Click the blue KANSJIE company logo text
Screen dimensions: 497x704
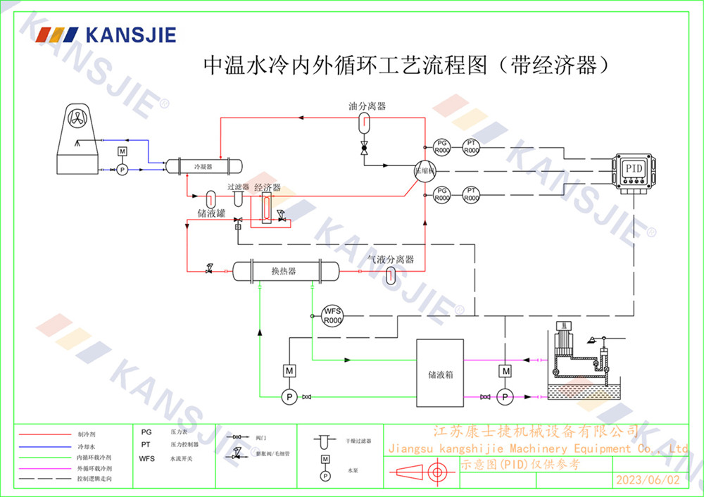click(x=130, y=34)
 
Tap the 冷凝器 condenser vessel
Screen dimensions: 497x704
click(x=203, y=166)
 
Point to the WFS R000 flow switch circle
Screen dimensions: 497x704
click(x=332, y=315)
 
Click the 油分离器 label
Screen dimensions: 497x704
click(x=367, y=106)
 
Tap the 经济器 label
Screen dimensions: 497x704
click(x=268, y=188)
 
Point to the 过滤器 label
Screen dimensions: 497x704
click(x=238, y=187)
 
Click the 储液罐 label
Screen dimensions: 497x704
click(x=210, y=212)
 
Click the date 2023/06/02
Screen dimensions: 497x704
click(x=648, y=480)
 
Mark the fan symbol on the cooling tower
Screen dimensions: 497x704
click(x=77, y=120)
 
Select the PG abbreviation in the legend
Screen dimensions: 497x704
click(x=146, y=432)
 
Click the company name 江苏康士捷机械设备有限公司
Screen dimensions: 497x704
click(x=534, y=431)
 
